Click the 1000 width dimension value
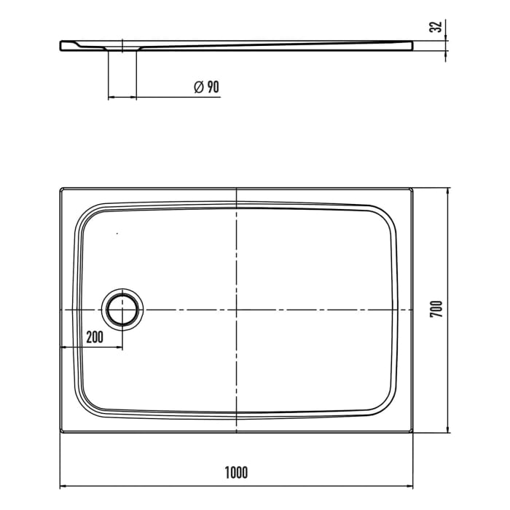236,472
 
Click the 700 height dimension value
436,309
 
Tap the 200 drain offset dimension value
94,336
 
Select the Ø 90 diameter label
206,87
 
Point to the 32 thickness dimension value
436,28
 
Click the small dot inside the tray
117,233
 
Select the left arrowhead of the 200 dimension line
63,348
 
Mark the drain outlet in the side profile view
122,50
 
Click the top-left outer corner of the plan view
60,189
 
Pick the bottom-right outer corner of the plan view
412,433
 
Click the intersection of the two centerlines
236,310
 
